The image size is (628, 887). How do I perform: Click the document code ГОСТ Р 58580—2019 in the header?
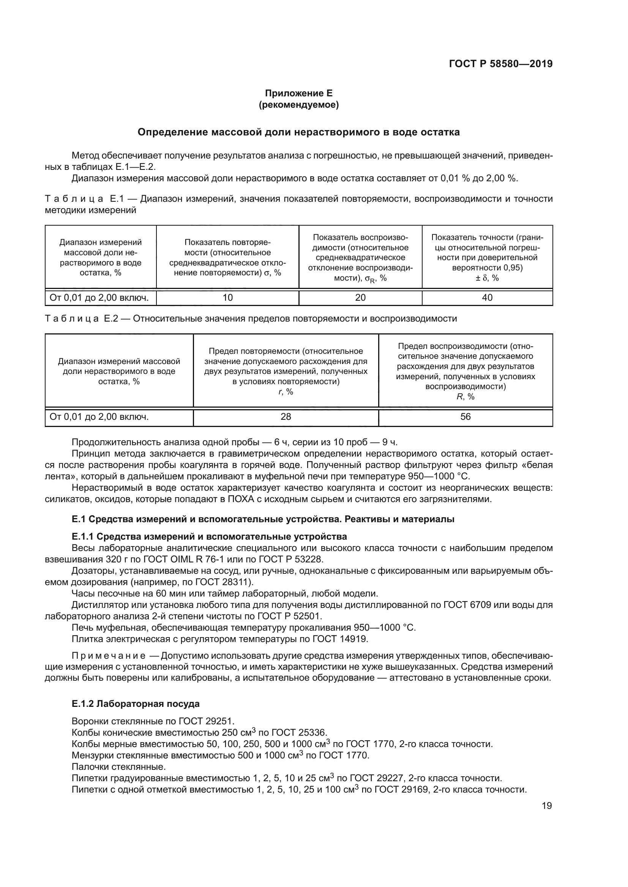(500, 64)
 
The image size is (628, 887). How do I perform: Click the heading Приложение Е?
(298, 93)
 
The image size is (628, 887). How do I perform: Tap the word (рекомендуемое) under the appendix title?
(298, 105)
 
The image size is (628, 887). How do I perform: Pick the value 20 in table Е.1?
(360, 297)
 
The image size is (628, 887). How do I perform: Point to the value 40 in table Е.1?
(487, 297)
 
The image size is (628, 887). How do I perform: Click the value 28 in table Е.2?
(286, 416)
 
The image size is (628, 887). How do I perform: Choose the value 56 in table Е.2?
(465, 416)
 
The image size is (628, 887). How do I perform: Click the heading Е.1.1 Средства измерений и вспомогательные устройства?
(209, 537)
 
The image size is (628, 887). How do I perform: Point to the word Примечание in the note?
(109, 656)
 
